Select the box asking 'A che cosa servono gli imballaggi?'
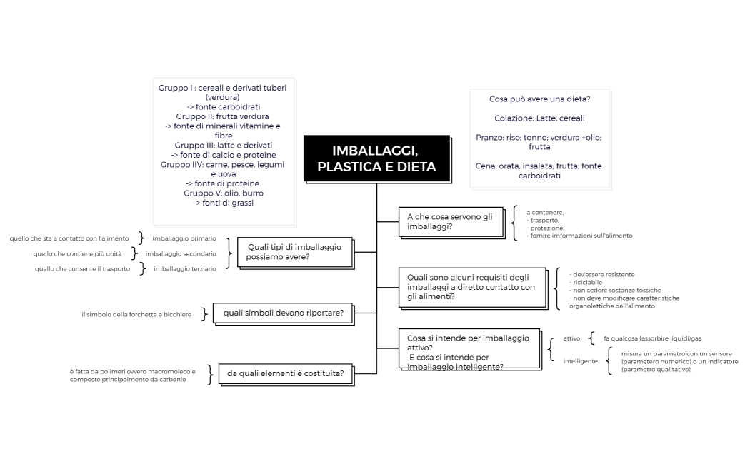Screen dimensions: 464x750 point(451,222)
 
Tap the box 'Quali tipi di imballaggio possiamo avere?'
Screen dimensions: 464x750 point(294,252)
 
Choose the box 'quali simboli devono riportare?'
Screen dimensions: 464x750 point(284,313)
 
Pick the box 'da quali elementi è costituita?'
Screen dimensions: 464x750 point(286,373)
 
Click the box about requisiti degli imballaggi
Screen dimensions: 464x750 point(471,287)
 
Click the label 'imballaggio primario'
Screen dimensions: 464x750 point(184,238)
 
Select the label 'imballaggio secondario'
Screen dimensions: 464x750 point(181,253)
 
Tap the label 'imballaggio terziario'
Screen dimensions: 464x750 point(184,268)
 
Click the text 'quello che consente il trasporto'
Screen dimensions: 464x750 point(82,268)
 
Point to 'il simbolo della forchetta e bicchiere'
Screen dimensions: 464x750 point(136,314)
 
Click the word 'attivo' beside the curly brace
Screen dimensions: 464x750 point(571,338)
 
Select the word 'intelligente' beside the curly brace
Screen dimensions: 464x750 point(580,361)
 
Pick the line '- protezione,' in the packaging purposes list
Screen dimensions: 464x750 point(546,228)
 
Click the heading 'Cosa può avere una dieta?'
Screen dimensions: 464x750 point(539,99)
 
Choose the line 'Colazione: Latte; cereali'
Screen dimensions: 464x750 point(539,118)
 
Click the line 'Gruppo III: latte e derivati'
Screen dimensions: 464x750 point(223,145)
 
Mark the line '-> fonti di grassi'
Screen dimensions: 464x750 point(223,203)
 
